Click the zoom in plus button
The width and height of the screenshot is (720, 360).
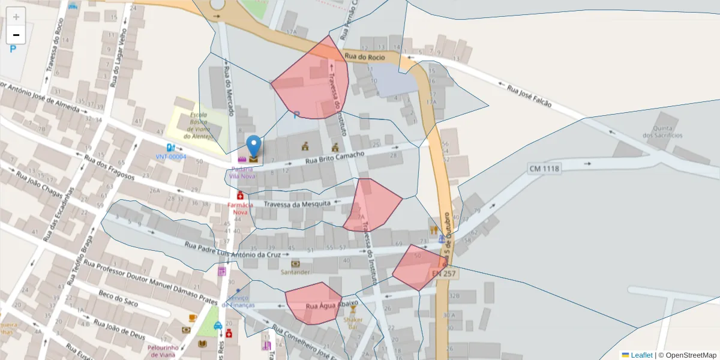tap(16, 17)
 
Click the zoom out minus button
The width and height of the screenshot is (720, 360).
tap(16, 35)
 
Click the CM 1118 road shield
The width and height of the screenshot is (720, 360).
tap(544, 169)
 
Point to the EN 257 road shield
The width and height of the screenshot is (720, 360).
tap(444, 273)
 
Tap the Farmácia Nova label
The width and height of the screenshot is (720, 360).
tap(240, 208)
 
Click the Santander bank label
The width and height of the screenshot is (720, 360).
tap(295, 272)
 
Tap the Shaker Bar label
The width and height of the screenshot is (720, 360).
tap(353, 323)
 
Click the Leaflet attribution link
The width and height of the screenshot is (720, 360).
tap(641, 355)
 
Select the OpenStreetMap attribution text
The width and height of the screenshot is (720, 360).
tap(687, 355)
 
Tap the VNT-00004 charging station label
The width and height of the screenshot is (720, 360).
tap(171, 157)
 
